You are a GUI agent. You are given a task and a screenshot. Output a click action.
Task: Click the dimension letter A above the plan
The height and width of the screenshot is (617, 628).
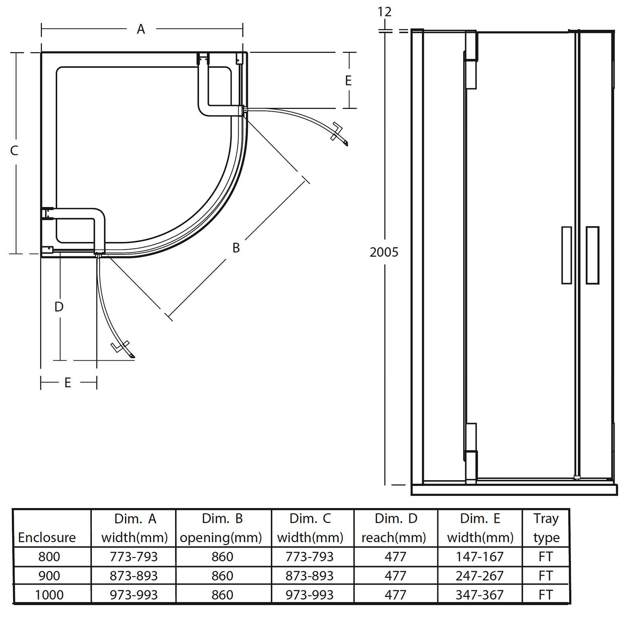point(141,29)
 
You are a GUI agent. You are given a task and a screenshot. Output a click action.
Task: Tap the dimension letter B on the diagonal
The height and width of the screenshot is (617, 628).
point(236,248)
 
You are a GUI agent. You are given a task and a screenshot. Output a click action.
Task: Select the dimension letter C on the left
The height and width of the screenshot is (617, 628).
point(14,151)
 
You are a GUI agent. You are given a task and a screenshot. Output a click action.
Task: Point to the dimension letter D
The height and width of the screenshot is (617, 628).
point(59,307)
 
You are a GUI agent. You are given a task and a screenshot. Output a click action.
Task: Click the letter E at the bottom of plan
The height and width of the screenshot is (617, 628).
point(68,383)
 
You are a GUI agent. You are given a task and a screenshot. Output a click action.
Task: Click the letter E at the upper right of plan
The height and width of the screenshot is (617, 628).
point(348,81)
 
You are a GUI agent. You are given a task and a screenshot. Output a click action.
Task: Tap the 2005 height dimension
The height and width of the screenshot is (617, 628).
point(384,252)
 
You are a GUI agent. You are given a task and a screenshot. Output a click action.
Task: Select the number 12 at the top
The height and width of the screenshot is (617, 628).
point(384,12)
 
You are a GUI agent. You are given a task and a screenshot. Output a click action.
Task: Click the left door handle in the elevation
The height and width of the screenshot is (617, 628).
point(566,255)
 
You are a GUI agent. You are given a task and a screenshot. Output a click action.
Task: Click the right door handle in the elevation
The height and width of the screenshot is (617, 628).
point(592,255)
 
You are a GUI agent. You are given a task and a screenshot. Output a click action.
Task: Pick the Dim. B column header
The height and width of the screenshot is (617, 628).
point(222,528)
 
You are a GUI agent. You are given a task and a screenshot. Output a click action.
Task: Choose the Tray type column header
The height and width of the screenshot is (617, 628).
point(546,528)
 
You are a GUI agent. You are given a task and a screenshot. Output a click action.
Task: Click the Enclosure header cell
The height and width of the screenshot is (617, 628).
point(47,537)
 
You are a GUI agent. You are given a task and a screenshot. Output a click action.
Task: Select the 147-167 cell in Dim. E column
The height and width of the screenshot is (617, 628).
point(480,557)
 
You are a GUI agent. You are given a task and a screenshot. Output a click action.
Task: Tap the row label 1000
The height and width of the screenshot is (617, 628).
point(49,595)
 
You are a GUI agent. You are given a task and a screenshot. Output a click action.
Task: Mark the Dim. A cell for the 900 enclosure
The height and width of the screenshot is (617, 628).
point(133,575)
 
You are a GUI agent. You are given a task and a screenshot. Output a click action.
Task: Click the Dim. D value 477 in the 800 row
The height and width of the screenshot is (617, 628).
point(395,557)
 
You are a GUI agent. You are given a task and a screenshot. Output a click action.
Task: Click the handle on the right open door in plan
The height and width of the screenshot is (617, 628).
point(337,131)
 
